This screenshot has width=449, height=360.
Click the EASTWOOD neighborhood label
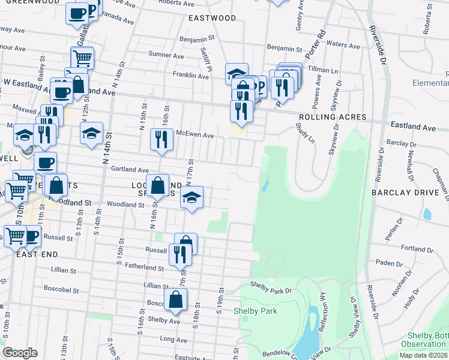tap(212, 18)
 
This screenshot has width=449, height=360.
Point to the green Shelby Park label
tap(256, 311)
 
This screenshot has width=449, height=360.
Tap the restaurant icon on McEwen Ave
tap(161, 140)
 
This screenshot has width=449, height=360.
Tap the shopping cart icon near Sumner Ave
tap(82, 58)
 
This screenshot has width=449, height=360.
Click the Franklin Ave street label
tap(190, 76)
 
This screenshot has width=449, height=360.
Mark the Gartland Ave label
tap(130, 170)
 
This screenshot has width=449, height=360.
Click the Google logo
tap(20, 353)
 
